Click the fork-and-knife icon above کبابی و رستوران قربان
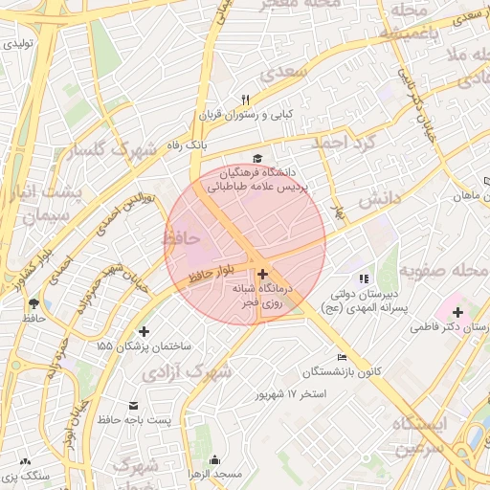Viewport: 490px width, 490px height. point(246,100)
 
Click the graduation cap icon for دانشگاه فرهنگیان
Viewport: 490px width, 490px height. point(256,158)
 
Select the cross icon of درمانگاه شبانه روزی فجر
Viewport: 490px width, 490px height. point(262,274)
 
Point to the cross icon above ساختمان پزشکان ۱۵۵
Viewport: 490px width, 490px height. point(144,331)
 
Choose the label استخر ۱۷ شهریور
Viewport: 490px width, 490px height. point(285,393)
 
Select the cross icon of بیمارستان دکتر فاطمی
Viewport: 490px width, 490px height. point(457,312)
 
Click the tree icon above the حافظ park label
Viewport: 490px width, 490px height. point(34,302)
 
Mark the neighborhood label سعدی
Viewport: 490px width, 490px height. point(289,72)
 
